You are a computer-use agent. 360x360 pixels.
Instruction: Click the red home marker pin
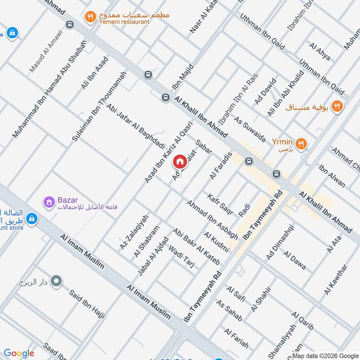tap(180, 161)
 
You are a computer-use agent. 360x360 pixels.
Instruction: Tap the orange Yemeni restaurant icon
tap(90, 17)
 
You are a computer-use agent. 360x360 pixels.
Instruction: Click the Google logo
tap(19, 353)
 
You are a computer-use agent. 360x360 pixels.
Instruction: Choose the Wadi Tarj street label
tap(181, 257)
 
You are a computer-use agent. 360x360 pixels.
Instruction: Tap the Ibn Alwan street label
tap(332, 176)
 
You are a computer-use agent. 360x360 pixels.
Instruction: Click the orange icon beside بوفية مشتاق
tap(336, 106)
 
